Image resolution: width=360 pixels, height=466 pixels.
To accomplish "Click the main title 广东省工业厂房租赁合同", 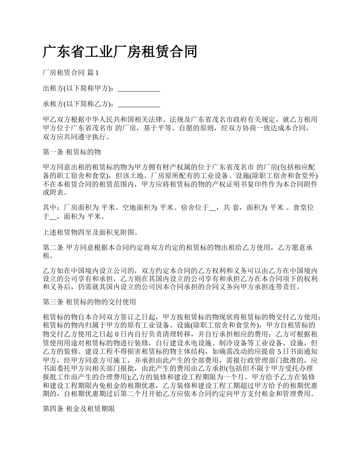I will [120, 52].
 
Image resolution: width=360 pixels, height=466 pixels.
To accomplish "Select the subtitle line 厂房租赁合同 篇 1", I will [71, 72].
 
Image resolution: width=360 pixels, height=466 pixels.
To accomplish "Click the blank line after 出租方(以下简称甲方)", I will [139, 90].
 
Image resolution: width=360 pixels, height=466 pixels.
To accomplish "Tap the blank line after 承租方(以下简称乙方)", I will [139, 104].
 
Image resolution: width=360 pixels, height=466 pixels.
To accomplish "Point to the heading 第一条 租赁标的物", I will [72, 152].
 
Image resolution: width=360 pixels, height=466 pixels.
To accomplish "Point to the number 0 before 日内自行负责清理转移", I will [117, 335].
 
